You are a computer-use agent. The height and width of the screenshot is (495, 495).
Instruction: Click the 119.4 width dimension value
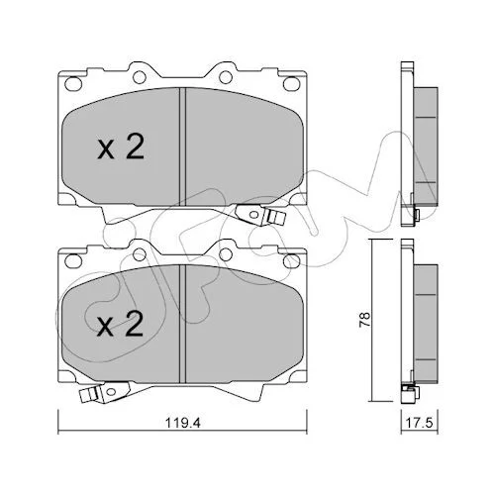click(x=183, y=423)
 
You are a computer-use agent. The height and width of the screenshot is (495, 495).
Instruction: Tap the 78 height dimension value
click(x=365, y=320)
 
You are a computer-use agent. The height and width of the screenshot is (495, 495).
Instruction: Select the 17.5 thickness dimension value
click(x=419, y=423)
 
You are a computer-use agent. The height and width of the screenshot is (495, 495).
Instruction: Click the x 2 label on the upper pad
click(x=121, y=148)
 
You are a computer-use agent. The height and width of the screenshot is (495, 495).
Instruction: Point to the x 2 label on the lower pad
click(x=120, y=324)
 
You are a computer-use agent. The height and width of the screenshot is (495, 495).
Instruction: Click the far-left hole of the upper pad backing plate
click(x=73, y=84)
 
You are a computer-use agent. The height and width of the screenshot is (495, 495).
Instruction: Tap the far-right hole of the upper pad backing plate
click(x=291, y=83)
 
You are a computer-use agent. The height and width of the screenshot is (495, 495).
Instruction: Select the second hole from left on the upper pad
click(x=140, y=77)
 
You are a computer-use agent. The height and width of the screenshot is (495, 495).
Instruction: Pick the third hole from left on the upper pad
click(x=226, y=77)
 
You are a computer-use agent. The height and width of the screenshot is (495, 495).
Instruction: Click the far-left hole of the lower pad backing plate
click(x=73, y=260)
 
